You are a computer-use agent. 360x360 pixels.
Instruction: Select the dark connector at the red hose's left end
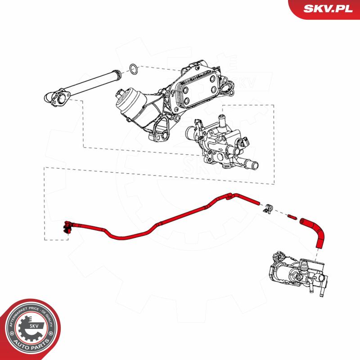pos(68,227)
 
